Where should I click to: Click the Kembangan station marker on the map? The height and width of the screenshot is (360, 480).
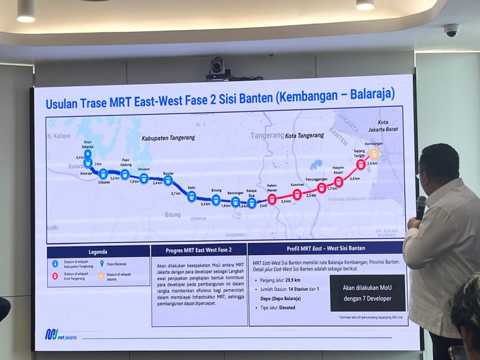click(374, 153)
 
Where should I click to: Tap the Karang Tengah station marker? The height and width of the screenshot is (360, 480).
click(360, 165)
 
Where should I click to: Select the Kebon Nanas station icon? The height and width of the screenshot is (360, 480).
click(272, 200)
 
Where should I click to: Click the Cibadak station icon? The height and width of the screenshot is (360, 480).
click(104, 174)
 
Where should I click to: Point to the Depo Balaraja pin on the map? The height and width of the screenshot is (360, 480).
click(88, 154)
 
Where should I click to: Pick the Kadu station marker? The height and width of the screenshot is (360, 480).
click(191, 196)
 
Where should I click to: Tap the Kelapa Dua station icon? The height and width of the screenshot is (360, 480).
click(252, 203)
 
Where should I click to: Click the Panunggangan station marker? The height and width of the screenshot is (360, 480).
click(322, 188)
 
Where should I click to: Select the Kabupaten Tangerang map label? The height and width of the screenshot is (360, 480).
click(168, 138)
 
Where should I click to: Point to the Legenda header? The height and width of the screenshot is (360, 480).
click(98, 252)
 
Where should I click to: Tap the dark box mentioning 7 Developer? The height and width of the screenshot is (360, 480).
click(367, 293)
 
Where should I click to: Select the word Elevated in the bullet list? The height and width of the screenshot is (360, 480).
click(287, 307)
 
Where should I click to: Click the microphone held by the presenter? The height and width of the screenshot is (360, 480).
click(420, 207)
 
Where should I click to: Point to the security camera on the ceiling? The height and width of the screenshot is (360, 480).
click(452, 31)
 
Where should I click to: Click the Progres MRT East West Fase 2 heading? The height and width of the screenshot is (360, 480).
click(199, 250)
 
